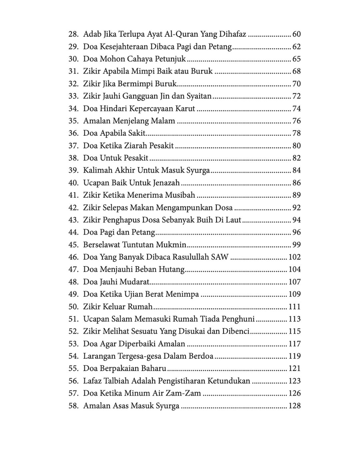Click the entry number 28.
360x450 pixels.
pyautogui.click(x=73, y=34)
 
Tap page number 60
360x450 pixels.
pyautogui.click(x=296, y=34)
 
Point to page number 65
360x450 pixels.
pyautogui.click(x=296, y=59)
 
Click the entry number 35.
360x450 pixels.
pyautogui.click(x=73, y=121)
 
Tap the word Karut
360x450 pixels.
pyautogui.click(x=185, y=109)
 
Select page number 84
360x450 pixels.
pyautogui.click(x=296, y=170)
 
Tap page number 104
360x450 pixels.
pyautogui.click(x=295, y=269)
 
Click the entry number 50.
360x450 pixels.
pyautogui.click(x=73, y=307)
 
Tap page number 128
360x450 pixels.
pyautogui.click(x=295, y=406)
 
